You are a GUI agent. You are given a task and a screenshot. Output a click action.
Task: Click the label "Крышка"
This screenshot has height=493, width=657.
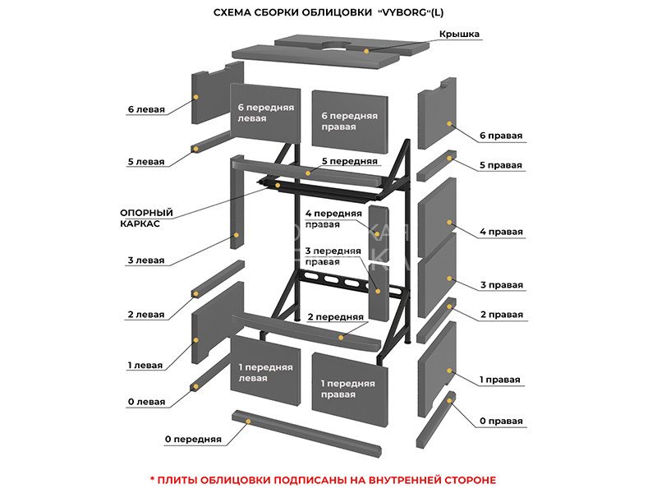coord(459,34)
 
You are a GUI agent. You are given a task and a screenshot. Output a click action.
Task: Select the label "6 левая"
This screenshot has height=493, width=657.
coord(146,108)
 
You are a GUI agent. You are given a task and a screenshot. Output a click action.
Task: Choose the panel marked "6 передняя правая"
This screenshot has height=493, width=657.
coord(350,122)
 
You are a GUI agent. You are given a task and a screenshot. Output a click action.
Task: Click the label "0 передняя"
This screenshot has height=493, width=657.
coord(193,440)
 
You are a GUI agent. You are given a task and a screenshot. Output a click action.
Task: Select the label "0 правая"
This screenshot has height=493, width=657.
coord(501,422)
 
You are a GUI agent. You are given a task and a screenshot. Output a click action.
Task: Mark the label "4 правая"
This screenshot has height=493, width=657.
coord(501,232)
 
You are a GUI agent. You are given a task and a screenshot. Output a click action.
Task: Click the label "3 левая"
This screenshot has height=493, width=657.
coord(146,260)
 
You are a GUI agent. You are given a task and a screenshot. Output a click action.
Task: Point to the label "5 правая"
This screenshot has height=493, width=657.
coord(501,165)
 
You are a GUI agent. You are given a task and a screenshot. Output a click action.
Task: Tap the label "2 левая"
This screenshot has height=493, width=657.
coord(146,315)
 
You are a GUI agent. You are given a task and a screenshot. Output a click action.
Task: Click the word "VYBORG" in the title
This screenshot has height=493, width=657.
coord(419,12)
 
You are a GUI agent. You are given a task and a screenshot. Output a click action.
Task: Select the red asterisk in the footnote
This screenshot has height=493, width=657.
coord(152,479)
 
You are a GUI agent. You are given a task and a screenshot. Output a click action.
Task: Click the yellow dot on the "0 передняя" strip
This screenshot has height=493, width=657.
coord(247,420)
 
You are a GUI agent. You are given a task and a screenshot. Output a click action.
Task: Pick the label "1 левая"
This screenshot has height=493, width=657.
coord(146,365)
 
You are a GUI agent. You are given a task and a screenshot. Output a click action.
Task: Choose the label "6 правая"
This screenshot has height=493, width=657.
coord(501,136)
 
